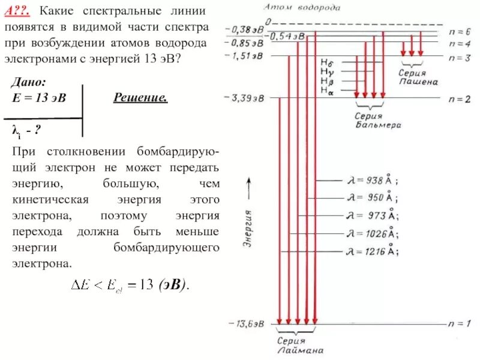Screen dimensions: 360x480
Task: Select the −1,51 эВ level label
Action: [246, 56]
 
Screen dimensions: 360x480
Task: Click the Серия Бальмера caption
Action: [378, 121]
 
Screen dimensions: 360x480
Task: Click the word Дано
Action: [29, 82]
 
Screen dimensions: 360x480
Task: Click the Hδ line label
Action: [328, 62]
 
